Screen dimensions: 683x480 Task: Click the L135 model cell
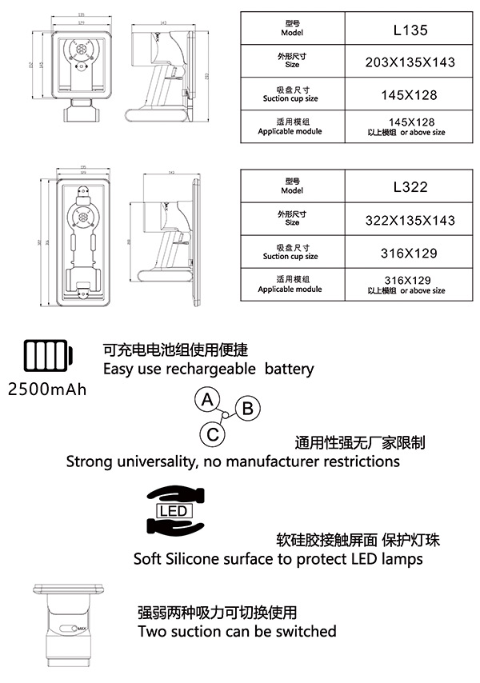pos(411,31)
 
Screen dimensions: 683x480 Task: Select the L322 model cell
pos(411,187)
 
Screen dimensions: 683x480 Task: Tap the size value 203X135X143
pos(411,62)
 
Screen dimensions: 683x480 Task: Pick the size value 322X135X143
pos(411,220)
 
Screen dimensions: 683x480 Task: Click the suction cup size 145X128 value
pos(411,94)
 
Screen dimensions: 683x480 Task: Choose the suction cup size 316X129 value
pos(411,253)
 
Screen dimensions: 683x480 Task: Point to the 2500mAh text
pos(46,389)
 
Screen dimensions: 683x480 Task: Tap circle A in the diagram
pos(207,398)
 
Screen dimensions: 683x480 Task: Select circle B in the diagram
pos(247,409)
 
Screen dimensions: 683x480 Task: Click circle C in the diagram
pos(212,434)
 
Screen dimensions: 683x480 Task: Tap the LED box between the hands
pos(174,511)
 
